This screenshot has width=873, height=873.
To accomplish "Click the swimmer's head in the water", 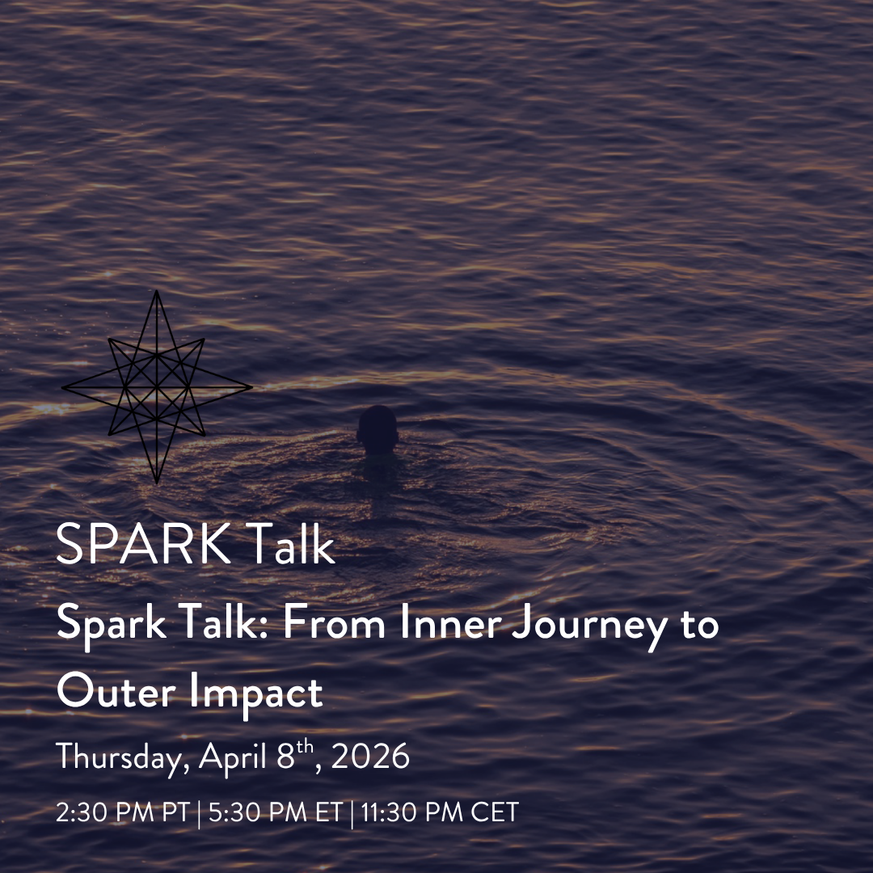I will pyautogui.click(x=377, y=426).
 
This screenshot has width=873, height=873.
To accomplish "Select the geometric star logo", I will pyautogui.click(x=157, y=387).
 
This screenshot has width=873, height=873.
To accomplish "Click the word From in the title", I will pyautogui.click(x=309, y=626).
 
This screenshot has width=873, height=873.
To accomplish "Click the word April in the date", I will pyautogui.click(x=235, y=758).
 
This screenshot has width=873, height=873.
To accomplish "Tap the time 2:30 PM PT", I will pyautogui.click(x=121, y=812).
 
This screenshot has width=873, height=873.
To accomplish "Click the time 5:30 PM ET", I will pyautogui.click(x=275, y=812).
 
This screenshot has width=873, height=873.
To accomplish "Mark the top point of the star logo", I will pyautogui.click(x=157, y=293).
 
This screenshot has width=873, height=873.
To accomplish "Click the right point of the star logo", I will pyautogui.click(x=251, y=387).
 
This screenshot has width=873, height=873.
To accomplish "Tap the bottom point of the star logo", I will pyautogui.click(x=157, y=483).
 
